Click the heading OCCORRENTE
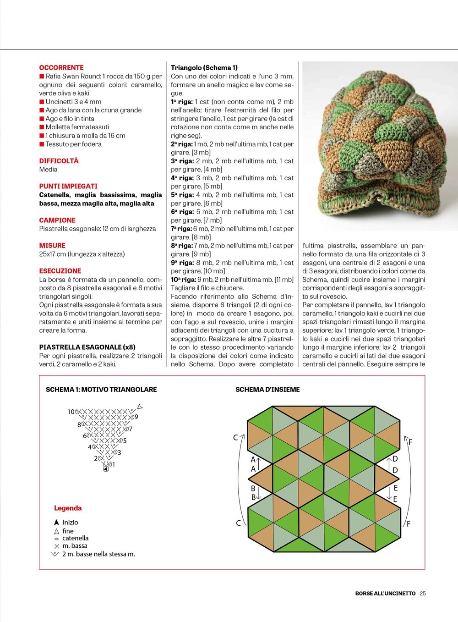coord(61,67)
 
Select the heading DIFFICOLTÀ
coord(59,161)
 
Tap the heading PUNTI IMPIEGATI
coord(68,186)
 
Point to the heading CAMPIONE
coord(57,220)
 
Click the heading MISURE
coord(52,246)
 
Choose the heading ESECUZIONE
coord(60,271)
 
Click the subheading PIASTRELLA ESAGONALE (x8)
coord(87,347)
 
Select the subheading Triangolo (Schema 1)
coord(204,67)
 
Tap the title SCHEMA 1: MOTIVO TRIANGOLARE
coord(101,390)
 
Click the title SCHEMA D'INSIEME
coord(267,390)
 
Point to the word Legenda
coord(68,508)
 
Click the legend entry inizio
coord(70,523)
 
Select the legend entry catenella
coord(76,538)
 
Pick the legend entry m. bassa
coord(75,546)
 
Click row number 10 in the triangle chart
coord(71,412)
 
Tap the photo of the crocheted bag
coord(380,146)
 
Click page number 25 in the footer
coord(423,593)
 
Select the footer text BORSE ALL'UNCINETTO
coord(385,593)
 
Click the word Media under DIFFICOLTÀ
coord(49,170)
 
